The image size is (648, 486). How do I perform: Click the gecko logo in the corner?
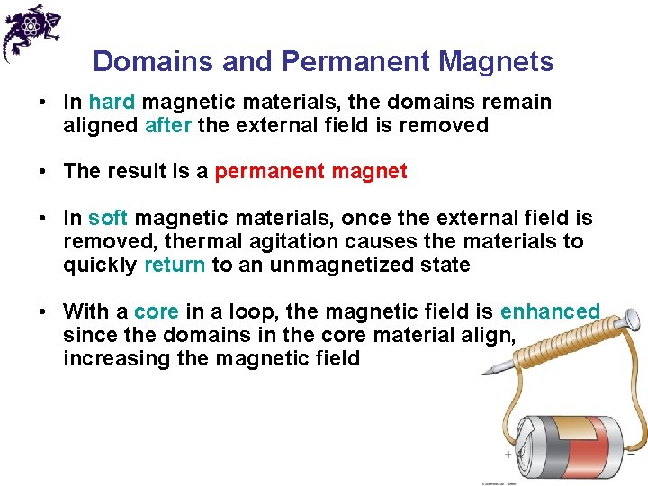pos(31,31)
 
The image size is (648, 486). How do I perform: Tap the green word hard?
pos(112,102)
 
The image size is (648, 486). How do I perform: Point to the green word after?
pos(167,125)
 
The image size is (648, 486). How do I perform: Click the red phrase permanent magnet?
pos(310,171)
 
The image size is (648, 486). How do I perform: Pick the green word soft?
pos(108,218)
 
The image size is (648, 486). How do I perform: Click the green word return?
pos(175,265)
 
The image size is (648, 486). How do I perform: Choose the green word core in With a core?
pos(157,311)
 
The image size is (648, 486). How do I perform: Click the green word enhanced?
pos(549,311)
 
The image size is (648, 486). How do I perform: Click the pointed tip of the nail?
pos(487,372)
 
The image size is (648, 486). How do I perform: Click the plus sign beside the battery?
pos(508,454)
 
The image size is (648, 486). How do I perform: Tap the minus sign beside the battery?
pos(631,454)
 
